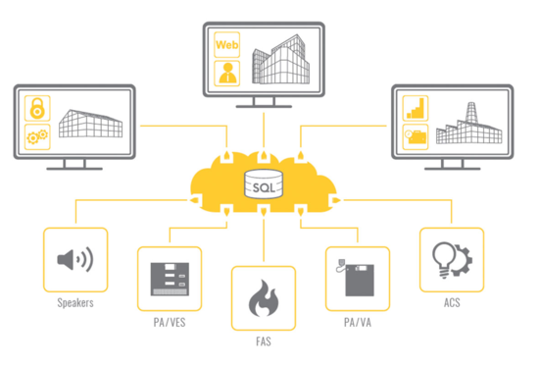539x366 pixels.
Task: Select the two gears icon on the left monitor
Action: coord(35,135)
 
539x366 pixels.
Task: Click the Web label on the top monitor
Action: coord(227,44)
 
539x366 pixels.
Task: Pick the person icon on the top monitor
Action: coord(227,71)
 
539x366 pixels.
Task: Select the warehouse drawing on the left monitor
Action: coord(91,124)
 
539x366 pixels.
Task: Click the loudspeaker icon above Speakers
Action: coord(74,260)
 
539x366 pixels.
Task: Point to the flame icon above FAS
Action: coord(262,297)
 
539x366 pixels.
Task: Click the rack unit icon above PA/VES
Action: coord(168,279)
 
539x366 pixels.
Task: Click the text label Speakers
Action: coord(74,303)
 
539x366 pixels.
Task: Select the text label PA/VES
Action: coord(168,323)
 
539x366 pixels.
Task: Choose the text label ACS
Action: coord(451,303)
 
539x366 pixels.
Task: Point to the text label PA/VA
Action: coord(357,323)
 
